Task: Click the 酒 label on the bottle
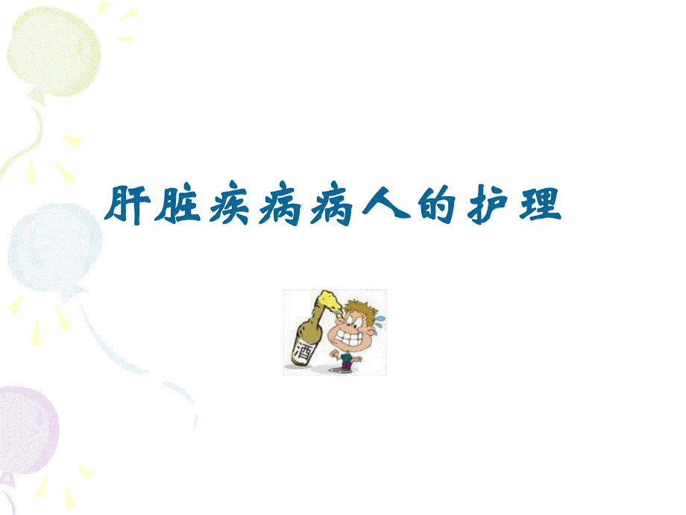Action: point(303,350)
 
